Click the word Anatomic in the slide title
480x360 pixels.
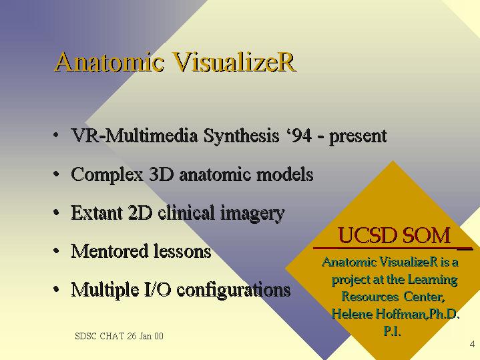coord(109,62)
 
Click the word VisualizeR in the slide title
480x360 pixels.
coord(234,62)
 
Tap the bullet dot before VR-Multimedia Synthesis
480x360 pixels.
coord(56,135)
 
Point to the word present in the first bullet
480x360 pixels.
coord(358,137)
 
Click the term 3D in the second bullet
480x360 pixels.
coord(162,174)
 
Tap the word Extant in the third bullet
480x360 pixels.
coord(97,212)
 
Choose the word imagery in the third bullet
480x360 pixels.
coord(252,214)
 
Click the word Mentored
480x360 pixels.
coord(109,251)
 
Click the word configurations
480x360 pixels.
coord(234,290)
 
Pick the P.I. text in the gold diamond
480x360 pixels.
coord(392,331)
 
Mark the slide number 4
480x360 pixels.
coord(472,344)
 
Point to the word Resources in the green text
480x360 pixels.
coord(370,297)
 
